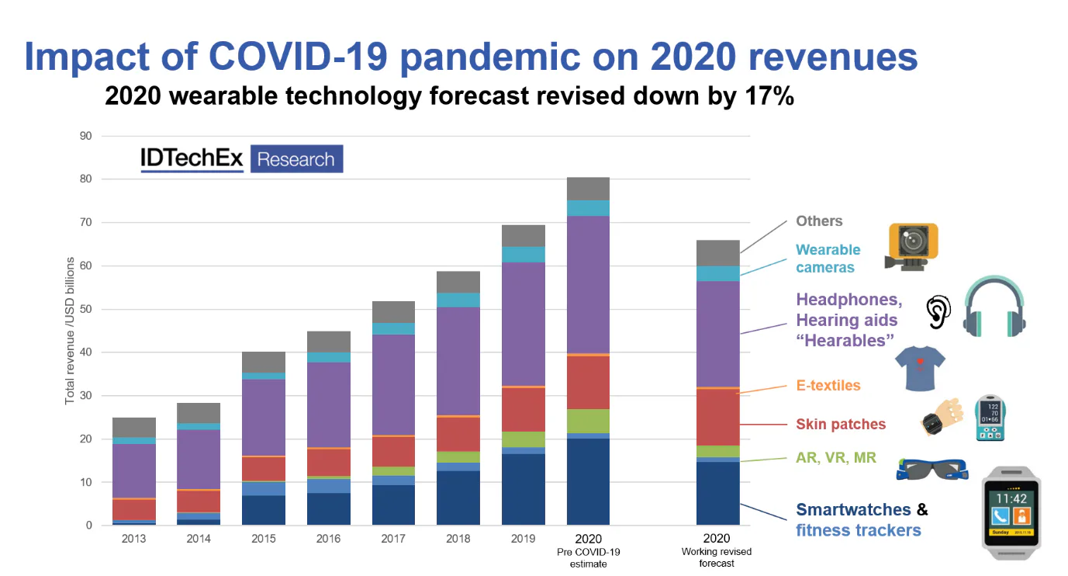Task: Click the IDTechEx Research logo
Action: (x=241, y=159)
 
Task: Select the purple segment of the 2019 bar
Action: (x=523, y=324)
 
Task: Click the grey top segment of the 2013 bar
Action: (x=133, y=427)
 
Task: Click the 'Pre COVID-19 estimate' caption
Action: (x=588, y=558)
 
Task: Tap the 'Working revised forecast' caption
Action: (x=717, y=558)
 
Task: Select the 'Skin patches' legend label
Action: (x=841, y=425)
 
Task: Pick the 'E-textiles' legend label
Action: (x=828, y=385)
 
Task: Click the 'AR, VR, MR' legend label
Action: (x=836, y=458)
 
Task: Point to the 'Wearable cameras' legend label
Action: (x=828, y=259)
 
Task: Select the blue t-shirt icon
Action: (x=920, y=367)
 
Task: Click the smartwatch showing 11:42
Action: (x=1011, y=512)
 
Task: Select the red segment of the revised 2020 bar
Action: (x=717, y=417)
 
